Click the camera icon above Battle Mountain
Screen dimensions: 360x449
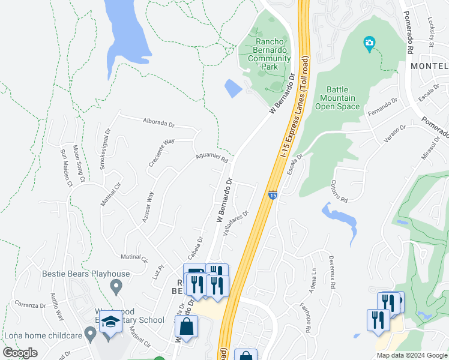point(369,43)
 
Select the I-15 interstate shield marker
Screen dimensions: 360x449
point(273,195)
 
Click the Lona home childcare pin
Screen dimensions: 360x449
point(91,332)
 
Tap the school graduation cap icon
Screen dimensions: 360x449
point(110,323)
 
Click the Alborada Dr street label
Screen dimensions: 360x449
point(158,122)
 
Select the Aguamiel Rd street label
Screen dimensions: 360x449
point(212,157)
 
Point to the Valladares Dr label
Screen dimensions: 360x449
point(236,223)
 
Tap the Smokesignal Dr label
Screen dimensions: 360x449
point(104,148)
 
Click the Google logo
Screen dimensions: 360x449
point(20,353)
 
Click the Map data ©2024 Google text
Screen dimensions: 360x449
point(412,355)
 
